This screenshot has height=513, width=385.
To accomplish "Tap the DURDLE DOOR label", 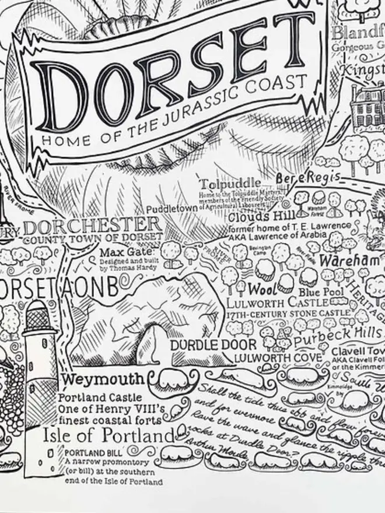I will (x=205, y=345).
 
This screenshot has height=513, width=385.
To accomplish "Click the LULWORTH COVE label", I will (x=278, y=357).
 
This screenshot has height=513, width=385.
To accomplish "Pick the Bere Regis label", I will (x=306, y=176).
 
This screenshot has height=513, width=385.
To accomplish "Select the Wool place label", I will (x=261, y=289).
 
